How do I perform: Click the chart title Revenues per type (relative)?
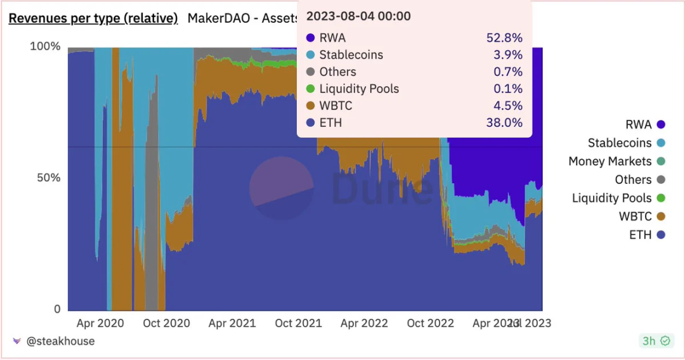tap(93, 18)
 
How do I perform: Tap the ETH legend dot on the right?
tap(661, 235)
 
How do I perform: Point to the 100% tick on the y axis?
tap(46, 47)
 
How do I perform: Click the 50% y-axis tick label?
tap(48, 178)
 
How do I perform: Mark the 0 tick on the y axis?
tap(57, 309)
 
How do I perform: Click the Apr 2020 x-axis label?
tap(100, 323)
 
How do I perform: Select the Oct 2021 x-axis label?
tap(298, 323)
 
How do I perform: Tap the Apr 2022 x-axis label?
tap(364, 323)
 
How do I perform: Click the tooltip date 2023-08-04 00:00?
tap(358, 16)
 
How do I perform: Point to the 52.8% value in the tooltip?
tap(504, 38)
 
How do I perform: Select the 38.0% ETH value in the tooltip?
tap(504, 123)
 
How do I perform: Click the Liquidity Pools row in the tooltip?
tap(359, 89)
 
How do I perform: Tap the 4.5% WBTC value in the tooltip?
tap(507, 106)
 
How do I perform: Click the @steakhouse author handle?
tap(60, 341)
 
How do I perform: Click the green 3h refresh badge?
tap(655, 341)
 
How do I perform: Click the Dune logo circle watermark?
tap(281, 188)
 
